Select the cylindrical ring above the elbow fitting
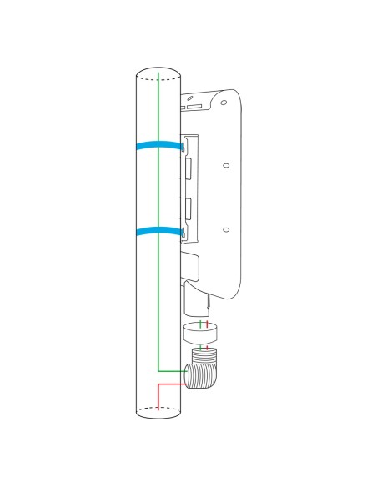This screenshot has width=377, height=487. click(199, 333)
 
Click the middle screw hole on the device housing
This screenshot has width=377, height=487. click(225, 165)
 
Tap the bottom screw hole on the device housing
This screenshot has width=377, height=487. click(225, 228)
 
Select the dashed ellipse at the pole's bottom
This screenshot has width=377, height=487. click(158, 408)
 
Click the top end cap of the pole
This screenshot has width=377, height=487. click(158, 73)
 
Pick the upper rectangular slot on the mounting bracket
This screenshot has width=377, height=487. click(188, 167)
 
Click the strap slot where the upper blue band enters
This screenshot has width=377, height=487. click(183, 147)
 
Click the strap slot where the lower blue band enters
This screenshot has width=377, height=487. click(183, 230)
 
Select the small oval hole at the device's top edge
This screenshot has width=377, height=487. click(194, 106)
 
